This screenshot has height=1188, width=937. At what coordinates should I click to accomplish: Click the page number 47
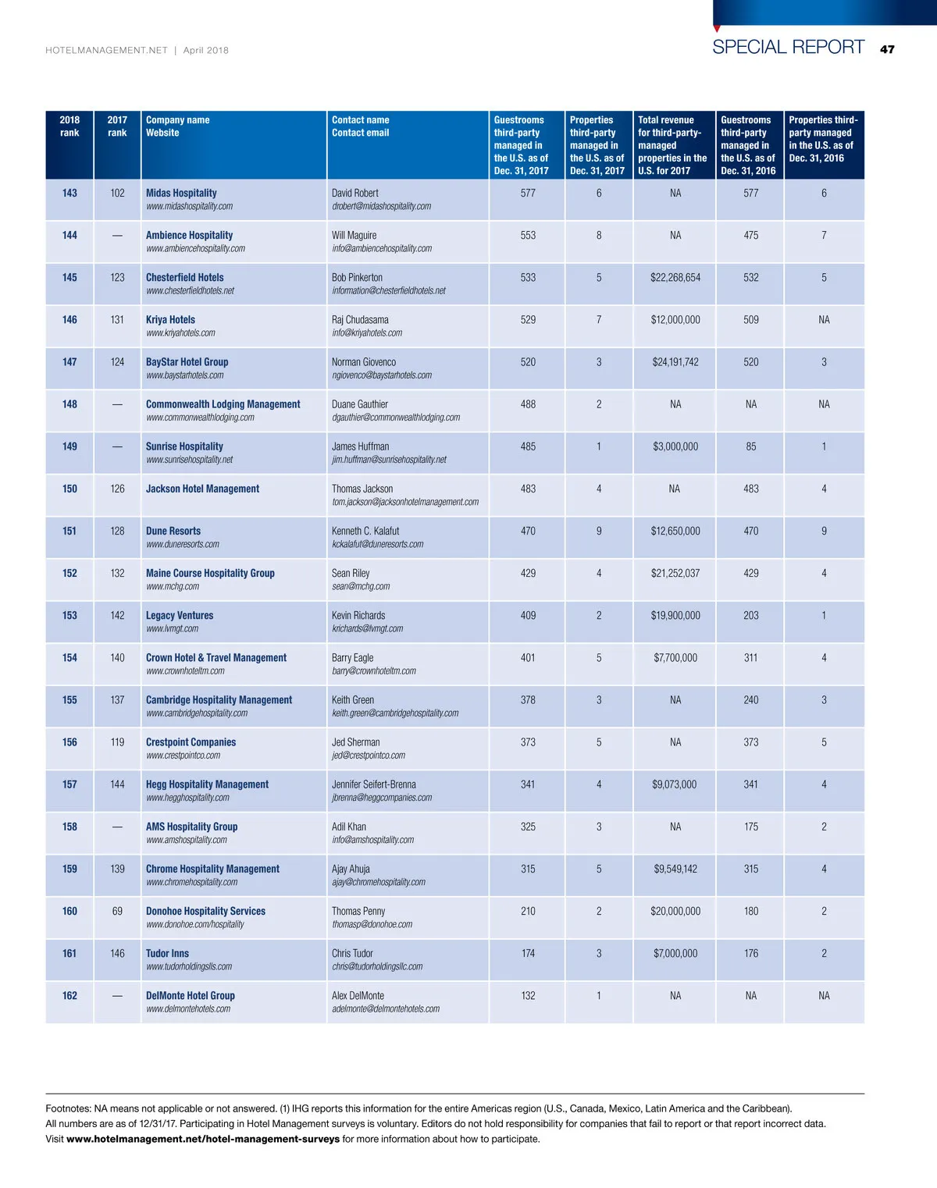[x=887, y=49]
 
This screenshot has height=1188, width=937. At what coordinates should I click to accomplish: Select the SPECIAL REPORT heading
[x=788, y=47]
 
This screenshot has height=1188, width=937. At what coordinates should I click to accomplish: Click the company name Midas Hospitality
[x=181, y=193]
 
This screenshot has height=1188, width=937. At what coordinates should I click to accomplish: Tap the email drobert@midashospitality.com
[x=381, y=206]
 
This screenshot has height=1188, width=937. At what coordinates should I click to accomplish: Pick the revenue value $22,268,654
[x=675, y=277]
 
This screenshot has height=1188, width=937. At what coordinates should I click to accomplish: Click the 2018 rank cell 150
[x=69, y=489]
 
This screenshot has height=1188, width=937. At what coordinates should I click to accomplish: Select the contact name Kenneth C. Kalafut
[x=365, y=531]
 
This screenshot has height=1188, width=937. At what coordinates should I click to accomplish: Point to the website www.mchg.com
[x=172, y=586]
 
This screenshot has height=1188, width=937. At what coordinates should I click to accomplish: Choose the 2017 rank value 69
[x=117, y=911]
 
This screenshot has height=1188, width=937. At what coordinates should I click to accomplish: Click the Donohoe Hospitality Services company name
[x=205, y=911]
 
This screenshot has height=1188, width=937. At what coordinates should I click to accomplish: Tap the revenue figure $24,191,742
[x=675, y=361]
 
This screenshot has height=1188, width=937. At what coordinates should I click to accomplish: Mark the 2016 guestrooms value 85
[x=750, y=446]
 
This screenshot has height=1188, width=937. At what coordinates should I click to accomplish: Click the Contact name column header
[x=360, y=120]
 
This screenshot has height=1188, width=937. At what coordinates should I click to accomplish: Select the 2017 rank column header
[x=117, y=126]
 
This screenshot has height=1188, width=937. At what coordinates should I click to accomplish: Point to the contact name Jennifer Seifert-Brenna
[x=373, y=784]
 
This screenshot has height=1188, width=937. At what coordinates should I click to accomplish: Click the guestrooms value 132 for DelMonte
[x=528, y=995]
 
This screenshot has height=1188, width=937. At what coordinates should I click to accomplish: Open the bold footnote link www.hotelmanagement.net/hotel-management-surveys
[x=203, y=1139]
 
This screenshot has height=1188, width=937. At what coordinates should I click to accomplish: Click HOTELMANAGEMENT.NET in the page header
[x=106, y=50]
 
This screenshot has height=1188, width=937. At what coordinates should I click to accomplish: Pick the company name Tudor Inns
[x=167, y=953]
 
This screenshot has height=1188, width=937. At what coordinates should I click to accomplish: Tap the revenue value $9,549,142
[x=675, y=869]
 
